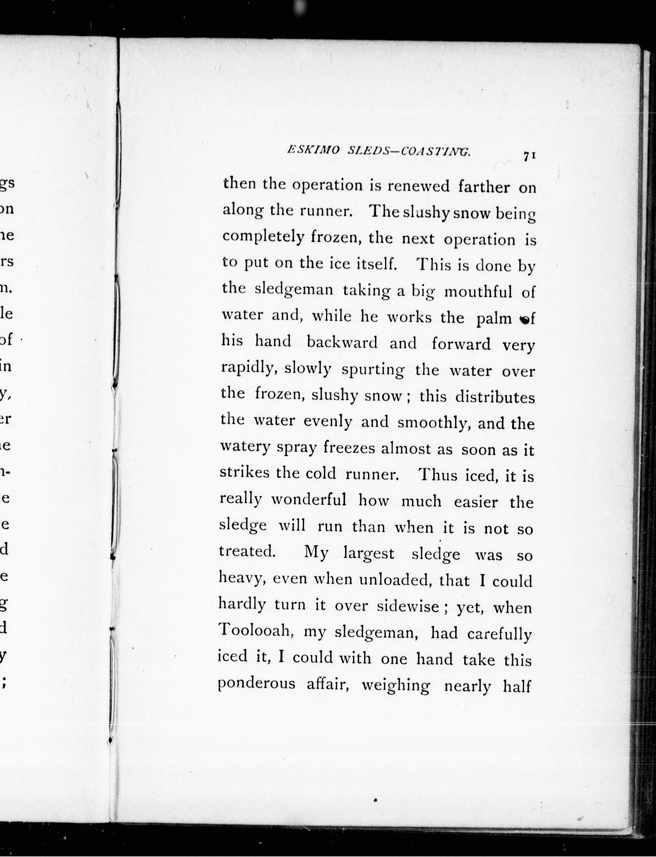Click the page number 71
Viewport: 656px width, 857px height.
(x=529, y=156)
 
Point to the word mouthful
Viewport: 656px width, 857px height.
(x=478, y=291)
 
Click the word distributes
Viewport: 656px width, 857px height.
(x=495, y=397)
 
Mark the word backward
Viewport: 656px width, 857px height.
(x=342, y=343)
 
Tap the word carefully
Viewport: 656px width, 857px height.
(x=499, y=634)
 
